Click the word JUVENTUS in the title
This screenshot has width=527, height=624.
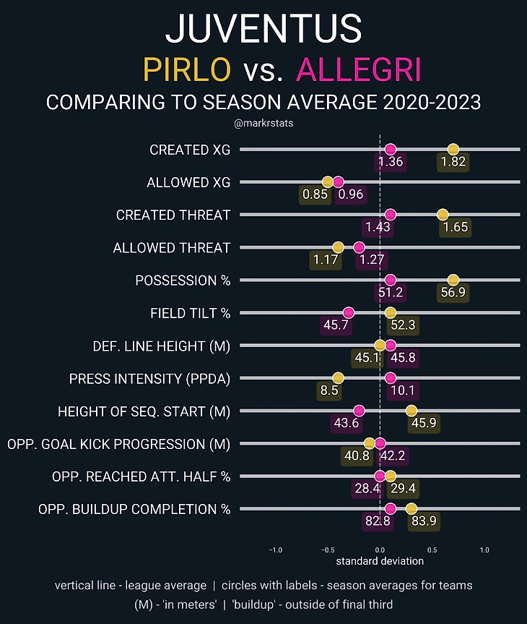(x=263, y=28)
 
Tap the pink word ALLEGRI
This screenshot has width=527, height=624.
(x=359, y=70)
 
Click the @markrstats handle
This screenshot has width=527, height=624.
(x=263, y=124)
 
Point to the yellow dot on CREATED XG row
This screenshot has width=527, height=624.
(x=453, y=150)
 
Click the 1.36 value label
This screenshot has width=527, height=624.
(x=391, y=162)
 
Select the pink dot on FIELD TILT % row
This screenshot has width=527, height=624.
(x=349, y=312)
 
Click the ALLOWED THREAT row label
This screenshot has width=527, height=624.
(x=172, y=248)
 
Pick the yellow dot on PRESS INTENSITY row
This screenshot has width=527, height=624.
(x=338, y=378)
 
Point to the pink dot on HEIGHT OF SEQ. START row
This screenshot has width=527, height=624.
(x=359, y=411)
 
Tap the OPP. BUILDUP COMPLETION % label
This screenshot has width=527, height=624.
(x=134, y=509)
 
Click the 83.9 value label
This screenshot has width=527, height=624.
(x=422, y=521)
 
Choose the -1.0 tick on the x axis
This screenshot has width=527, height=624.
(x=275, y=549)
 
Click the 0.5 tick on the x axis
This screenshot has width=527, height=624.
(x=432, y=549)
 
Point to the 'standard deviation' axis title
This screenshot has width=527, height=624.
(x=380, y=561)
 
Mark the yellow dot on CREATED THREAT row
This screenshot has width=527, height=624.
(x=443, y=215)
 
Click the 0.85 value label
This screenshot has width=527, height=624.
(x=316, y=195)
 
